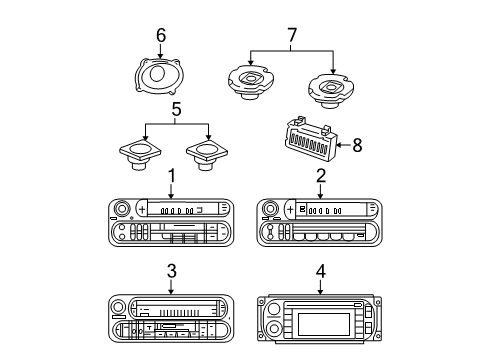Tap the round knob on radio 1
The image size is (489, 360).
point(123,209)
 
